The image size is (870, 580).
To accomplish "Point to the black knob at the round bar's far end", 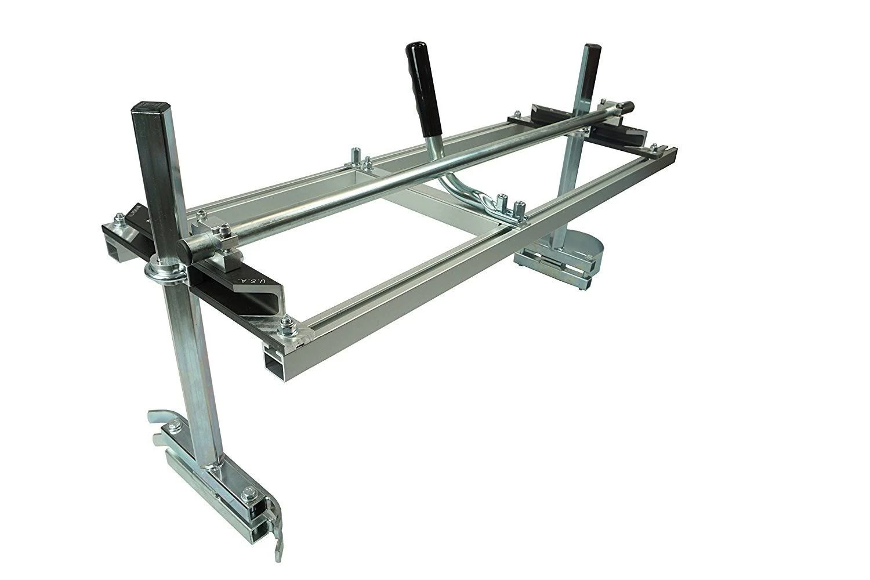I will [629, 108].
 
